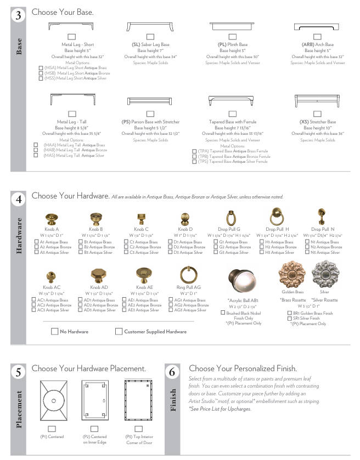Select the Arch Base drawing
pos(318,27)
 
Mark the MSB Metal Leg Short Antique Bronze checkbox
pos(41,73)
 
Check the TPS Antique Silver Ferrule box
pos(194,162)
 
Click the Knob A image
pos(52,219)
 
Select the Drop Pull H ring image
pos(277,218)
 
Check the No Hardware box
pos(54,332)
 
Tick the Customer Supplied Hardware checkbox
pos(119,332)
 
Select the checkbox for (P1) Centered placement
pos(52,429)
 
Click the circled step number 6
pos(172,373)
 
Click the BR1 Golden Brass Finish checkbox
pos(289,313)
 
